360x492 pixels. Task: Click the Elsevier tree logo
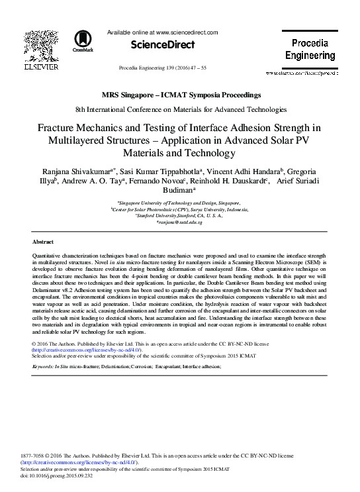point(32,47)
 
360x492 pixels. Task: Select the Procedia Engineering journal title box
point(314,49)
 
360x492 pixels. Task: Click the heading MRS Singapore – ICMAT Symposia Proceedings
point(181,95)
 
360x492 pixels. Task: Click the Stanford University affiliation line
point(179,215)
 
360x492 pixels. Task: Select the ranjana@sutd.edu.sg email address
point(180,222)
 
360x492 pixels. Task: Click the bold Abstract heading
point(43,242)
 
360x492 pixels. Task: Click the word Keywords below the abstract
point(44,366)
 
